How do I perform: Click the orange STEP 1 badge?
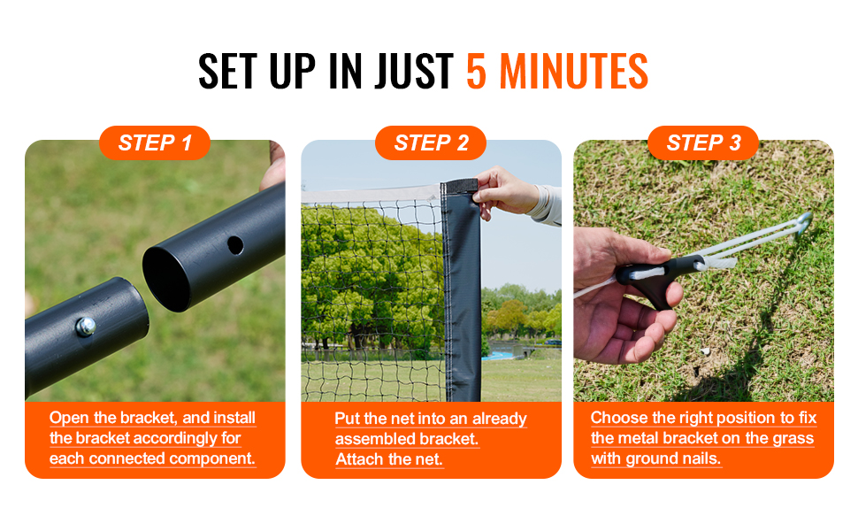[155, 142]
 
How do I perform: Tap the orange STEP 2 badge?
[431, 142]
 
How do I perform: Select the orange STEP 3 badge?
[703, 142]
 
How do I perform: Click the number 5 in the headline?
[476, 71]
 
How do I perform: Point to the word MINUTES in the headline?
[574, 71]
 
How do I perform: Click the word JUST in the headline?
[414, 71]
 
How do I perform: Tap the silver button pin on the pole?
[86, 327]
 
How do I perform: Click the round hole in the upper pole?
[235, 245]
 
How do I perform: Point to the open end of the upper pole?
[167, 279]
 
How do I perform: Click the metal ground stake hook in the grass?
[803, 221]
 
